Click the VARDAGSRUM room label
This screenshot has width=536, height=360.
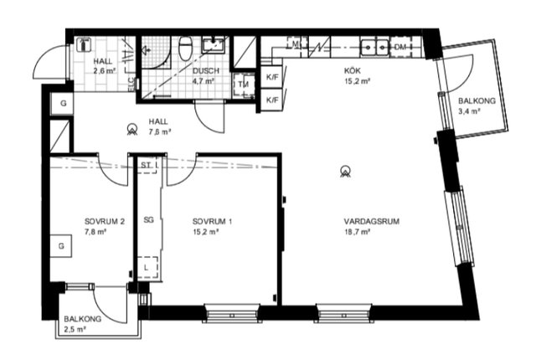(372, 221)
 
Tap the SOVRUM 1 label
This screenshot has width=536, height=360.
(212, 221)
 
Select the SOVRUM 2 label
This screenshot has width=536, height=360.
(104, 221)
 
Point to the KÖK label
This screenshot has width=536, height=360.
(353, 71)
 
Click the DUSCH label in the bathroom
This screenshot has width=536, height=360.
(206, 71)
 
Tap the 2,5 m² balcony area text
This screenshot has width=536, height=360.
(75, 329)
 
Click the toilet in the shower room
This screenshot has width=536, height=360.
(186, 49)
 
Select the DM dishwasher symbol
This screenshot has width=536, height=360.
(400, 47)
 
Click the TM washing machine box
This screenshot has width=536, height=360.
(244, 84)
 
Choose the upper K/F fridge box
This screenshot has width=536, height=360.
(272, 77)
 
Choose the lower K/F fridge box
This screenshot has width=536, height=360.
(272, 100)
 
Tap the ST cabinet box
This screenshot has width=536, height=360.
(147, 165)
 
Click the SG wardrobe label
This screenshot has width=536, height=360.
(148, 220)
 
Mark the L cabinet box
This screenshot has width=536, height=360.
(147, 267)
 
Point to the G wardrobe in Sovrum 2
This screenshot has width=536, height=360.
(61, 245)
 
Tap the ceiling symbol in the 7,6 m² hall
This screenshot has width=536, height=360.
(132, 129)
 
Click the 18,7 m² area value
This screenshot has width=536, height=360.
(358, 232)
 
